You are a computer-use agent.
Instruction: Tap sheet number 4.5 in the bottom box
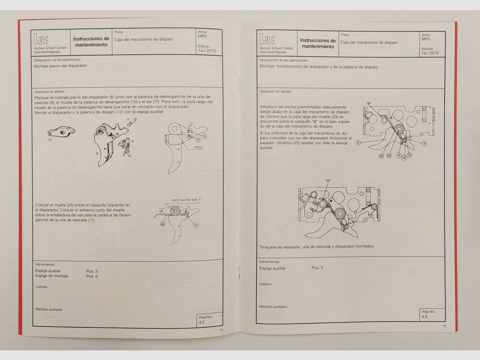[202, 323]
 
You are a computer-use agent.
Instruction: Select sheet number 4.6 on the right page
[424, 317]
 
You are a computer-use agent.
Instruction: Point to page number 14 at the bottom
[221, 330]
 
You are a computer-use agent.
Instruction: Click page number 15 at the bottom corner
[444, 326]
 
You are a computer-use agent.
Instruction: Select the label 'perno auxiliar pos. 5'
[187, 199]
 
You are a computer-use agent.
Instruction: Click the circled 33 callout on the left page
[163, 224]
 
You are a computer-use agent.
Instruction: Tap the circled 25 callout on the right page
[389, 156]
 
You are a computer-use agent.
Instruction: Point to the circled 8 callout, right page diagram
[358, 143]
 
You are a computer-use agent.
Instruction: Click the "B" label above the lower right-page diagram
[328, 181]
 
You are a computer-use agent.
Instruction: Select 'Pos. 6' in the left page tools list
[92, 276]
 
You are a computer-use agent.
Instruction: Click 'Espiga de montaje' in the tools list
[52, 276]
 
